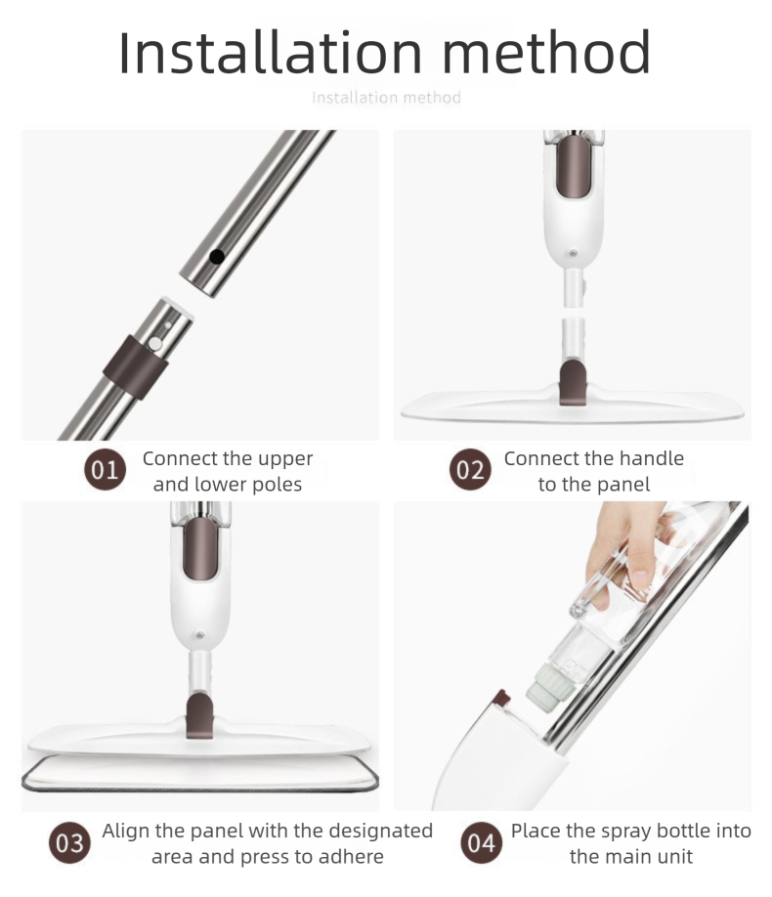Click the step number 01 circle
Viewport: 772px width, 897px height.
[105, 470]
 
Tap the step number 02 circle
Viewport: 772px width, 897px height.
[470, 470]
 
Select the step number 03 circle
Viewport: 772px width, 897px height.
[69, 843]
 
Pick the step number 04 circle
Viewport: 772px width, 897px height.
[481, 843]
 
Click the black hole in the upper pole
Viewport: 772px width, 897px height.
[216, 256]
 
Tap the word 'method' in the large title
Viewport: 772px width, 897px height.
[546, 53]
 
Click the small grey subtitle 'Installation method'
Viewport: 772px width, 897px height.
[386, 98]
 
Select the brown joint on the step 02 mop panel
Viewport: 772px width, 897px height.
[573, 383]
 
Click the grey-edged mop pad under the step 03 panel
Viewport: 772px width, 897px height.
[200, 776]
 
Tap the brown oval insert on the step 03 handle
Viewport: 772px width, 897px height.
[199, 547]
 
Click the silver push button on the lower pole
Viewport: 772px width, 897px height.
[154, 344]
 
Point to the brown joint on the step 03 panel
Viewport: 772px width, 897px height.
[201, 714]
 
